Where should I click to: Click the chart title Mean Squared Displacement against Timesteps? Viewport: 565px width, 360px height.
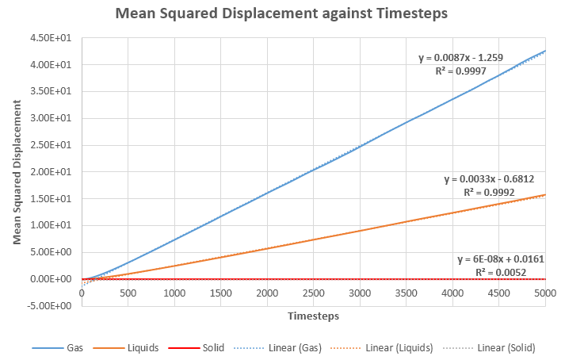[282, 14]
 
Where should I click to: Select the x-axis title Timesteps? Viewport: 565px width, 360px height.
[313, 316]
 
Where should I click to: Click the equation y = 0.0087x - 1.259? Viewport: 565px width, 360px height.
[460, 58]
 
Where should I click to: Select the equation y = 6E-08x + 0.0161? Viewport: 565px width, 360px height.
[501, 259]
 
